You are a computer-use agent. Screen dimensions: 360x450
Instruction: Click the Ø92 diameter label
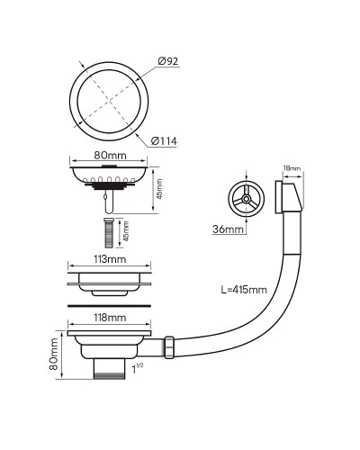(x=168, y=61)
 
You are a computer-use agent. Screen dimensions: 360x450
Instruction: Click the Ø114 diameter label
(x=164, y=141)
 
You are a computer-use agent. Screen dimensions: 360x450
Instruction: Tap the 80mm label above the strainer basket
(x=110, y=156)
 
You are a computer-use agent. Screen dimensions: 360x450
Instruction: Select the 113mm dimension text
(x=110, y=259)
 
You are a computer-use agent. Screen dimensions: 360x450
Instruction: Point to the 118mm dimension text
(x=110, y=318)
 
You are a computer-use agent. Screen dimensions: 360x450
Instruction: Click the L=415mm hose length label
(x=244, y=290)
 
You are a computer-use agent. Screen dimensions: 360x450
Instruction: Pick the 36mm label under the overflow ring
(x=228, y=229)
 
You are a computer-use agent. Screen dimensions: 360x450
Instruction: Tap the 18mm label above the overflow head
(x=292, y=168)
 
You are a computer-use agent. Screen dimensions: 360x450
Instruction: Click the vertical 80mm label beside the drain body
(x=54, y=354)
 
